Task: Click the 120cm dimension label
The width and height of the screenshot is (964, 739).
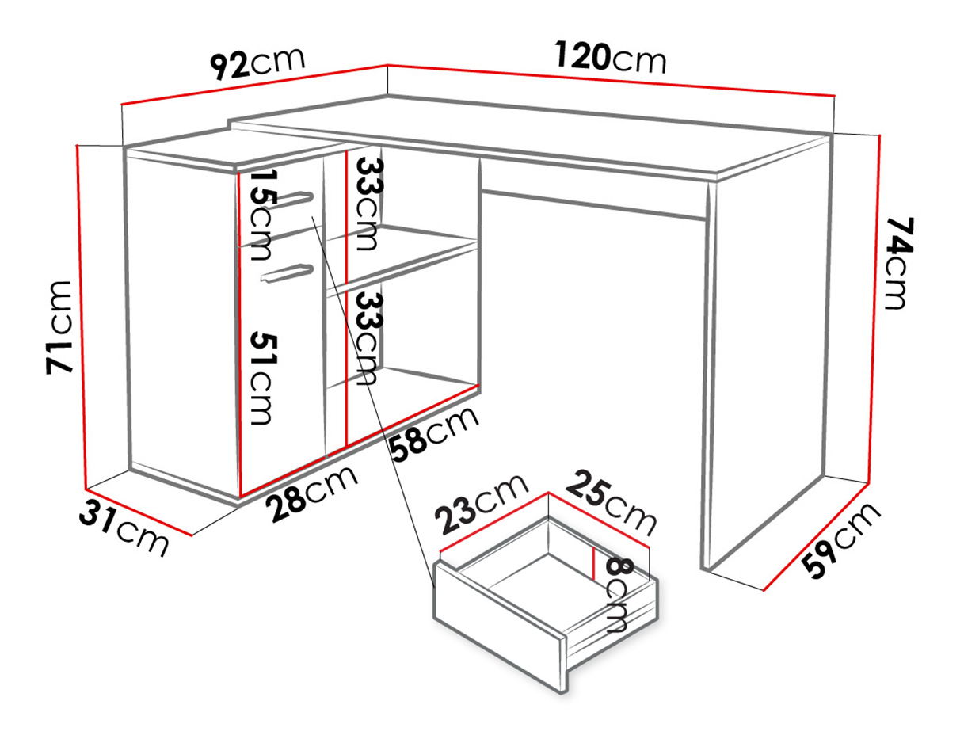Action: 611,57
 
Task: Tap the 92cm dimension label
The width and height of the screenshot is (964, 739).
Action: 257,63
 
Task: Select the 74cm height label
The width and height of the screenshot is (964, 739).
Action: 899,263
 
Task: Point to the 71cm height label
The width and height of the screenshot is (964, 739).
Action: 59,327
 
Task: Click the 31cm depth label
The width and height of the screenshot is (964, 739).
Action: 124,527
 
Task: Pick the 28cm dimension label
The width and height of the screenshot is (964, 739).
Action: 314,493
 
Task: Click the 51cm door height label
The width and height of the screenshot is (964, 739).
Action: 264,378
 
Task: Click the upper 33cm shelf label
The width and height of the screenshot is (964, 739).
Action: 369,204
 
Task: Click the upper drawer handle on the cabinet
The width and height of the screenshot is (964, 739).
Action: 289,199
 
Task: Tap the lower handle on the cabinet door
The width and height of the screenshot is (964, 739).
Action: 287,272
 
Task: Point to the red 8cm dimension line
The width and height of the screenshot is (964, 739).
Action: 593,562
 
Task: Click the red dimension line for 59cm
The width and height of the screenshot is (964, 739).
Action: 815,537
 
